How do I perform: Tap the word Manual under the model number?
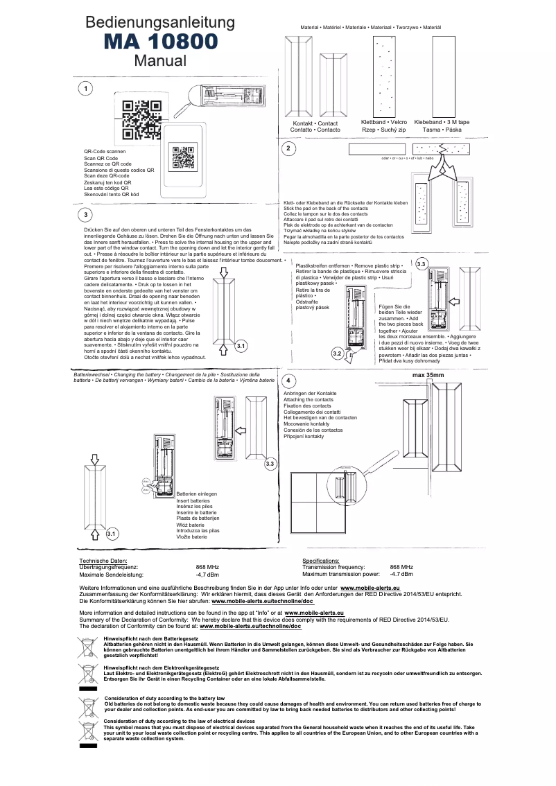click(161, 60)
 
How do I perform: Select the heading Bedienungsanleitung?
click(160, 24)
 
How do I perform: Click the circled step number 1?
click(85, 89)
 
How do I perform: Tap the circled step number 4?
click(289, 383)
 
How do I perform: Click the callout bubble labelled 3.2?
click(338, 353)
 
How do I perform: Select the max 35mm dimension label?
click(428, 375)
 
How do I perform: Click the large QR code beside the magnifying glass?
click(141, 120)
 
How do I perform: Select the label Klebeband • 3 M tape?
click(442, 122)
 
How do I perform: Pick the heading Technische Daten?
click(103, 560)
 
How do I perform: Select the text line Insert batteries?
click(193, 500)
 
